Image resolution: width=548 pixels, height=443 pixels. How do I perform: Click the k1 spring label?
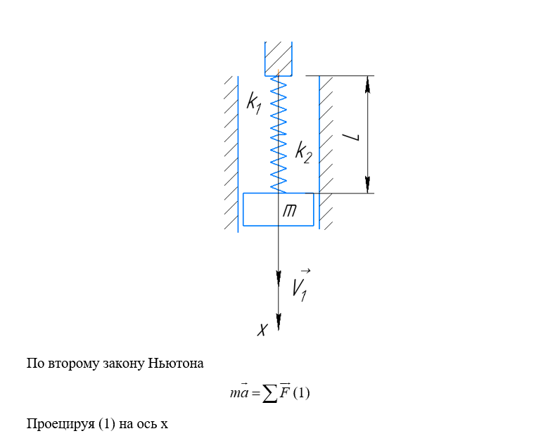254,102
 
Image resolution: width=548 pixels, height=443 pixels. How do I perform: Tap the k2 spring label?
303,152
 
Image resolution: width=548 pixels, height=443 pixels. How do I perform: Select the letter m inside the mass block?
289,210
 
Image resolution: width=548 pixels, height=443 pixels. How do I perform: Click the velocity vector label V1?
300,285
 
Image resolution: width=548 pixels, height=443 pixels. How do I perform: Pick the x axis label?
262,329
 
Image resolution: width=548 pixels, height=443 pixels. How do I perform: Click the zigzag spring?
279,134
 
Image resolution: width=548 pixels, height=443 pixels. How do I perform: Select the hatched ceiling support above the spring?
279,58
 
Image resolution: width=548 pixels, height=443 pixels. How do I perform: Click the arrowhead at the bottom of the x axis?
279,322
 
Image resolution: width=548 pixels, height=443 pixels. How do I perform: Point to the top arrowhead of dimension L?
367,84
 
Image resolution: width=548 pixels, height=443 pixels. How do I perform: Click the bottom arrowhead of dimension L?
367,184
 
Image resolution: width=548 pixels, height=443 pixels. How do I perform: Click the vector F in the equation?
284,392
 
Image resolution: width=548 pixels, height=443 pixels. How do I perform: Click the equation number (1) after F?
301,394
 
